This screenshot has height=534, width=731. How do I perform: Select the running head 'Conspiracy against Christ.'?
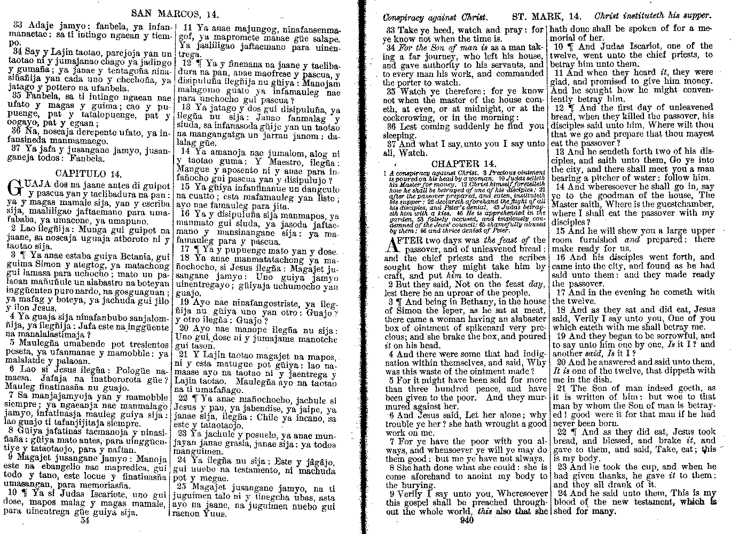435,17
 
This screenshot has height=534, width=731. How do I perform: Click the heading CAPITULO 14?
89,174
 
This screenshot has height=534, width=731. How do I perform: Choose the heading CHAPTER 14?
463,163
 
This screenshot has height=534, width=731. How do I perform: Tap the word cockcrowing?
410,117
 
